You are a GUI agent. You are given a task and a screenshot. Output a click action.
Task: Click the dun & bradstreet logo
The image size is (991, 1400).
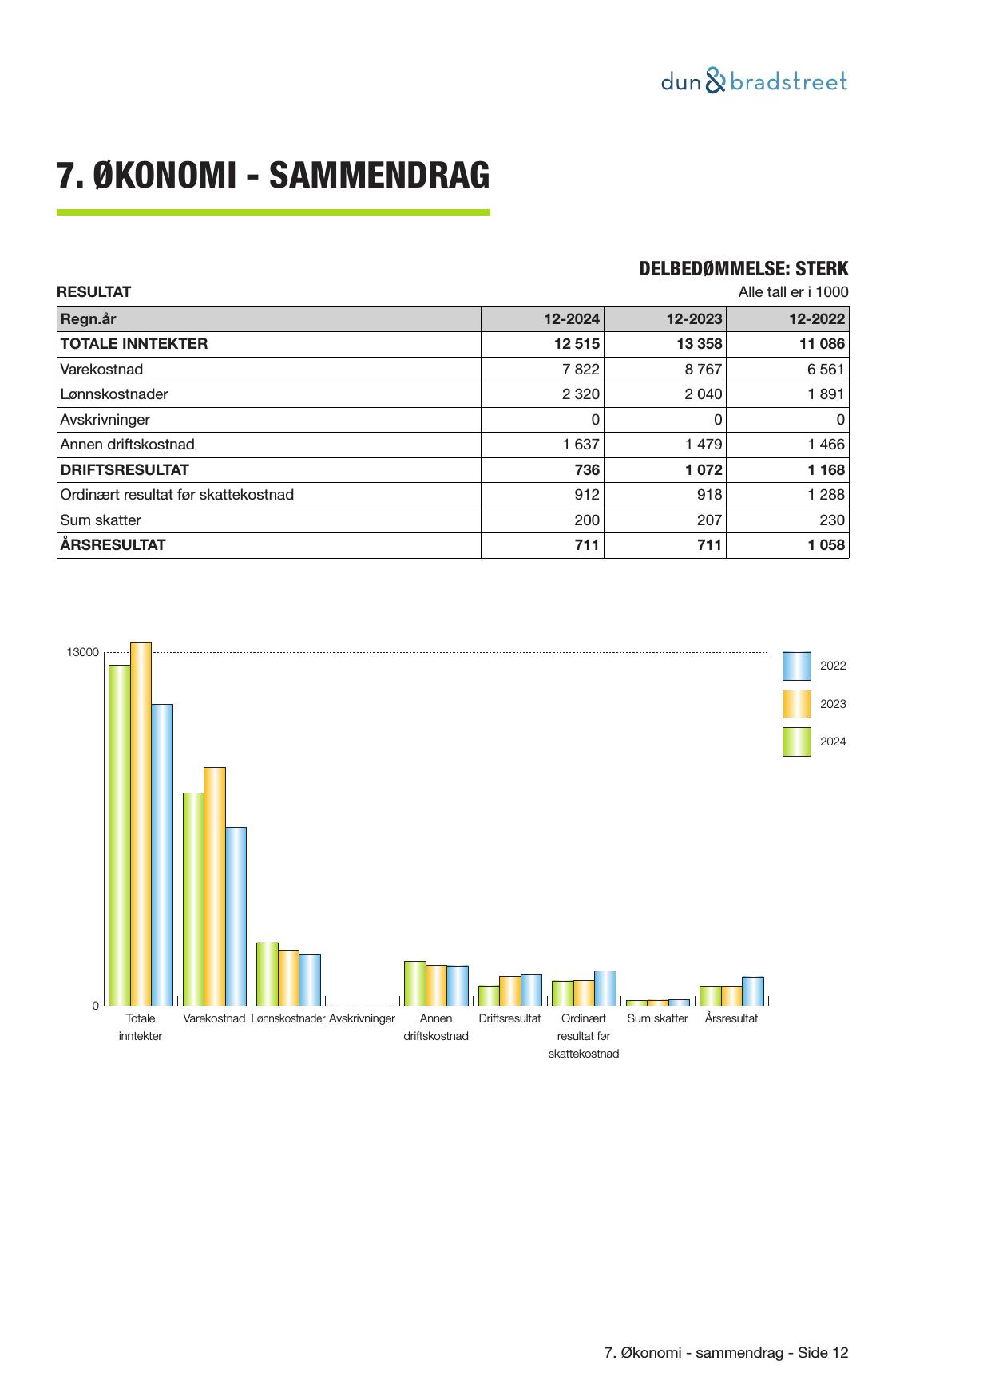point(754,81)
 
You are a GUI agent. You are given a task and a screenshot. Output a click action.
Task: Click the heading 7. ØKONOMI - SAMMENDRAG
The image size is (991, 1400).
point(273,176)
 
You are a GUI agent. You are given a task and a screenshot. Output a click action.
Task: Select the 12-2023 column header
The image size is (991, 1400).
point(694,319)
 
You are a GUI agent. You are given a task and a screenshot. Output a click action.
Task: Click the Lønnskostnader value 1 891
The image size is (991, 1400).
point(825,394)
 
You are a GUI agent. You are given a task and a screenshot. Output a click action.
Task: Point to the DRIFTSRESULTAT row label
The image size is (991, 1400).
point(125,470)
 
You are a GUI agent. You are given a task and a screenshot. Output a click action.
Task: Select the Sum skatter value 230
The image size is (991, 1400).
point(832,520)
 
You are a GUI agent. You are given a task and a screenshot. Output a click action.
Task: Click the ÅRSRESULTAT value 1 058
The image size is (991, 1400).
point(826,545)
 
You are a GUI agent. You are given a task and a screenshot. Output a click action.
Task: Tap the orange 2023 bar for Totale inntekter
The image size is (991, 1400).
point(141,822)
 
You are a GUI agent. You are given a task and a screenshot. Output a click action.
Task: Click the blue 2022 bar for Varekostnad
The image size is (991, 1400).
point(236,916)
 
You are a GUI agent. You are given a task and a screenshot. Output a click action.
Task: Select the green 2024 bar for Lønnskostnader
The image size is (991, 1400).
point(268,974)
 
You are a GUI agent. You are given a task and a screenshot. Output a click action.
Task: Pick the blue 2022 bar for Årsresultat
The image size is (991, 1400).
point(752,991)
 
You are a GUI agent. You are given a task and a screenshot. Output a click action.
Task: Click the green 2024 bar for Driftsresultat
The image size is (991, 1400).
point(489,995)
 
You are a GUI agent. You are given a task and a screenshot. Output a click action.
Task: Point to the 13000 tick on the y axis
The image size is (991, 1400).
point(83,653)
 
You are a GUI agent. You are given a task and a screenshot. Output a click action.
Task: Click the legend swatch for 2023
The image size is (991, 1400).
point(796,704)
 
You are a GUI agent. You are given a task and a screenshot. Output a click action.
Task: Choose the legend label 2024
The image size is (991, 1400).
point(833,742)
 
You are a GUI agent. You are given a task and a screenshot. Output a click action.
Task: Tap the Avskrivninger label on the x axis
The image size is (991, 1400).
point(362,1018)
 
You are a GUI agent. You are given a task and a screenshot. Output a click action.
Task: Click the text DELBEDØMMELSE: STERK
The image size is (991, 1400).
point(743,269)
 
